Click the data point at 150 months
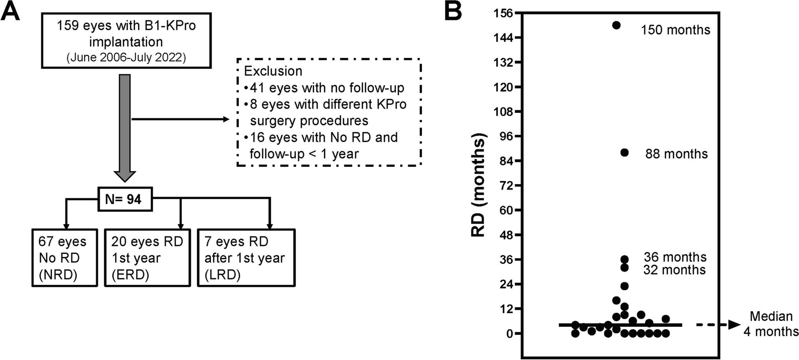616,25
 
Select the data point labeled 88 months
625,152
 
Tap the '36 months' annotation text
675,257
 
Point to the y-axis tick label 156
504,13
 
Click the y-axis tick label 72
506,186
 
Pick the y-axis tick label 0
510,334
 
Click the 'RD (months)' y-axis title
478,185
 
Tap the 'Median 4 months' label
771,324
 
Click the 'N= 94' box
125,199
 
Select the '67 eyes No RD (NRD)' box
65,258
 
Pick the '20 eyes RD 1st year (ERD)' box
147,258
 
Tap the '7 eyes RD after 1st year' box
246,258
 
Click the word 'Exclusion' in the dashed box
273,71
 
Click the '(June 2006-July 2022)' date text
126,58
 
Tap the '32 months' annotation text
674,270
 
